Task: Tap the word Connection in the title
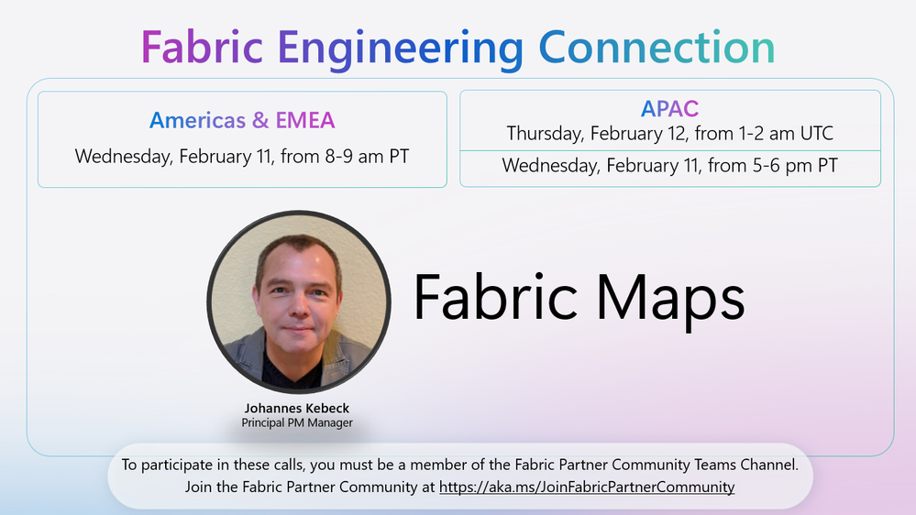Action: pyautogui.click(x=657, y=47)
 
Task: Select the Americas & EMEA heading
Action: pyautogui.click(x=242, y=120)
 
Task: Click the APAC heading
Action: pyautogui.click(x=669, y=109)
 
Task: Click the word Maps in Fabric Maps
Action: pyautogui.click(x=670, y=298)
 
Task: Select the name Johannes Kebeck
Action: pyautogui.click(x=297, y=408)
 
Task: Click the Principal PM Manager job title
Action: pyautogui.click(x=297, y=422)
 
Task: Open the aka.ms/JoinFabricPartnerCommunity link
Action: pyautogui.click(x=587, y=487)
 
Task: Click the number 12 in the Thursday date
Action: pyautogui.click(x=677, y=134)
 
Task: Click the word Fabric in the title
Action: pyautogui.click(x=202, y=48)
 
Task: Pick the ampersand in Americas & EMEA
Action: pyautogui.click(x=260, y=120)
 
